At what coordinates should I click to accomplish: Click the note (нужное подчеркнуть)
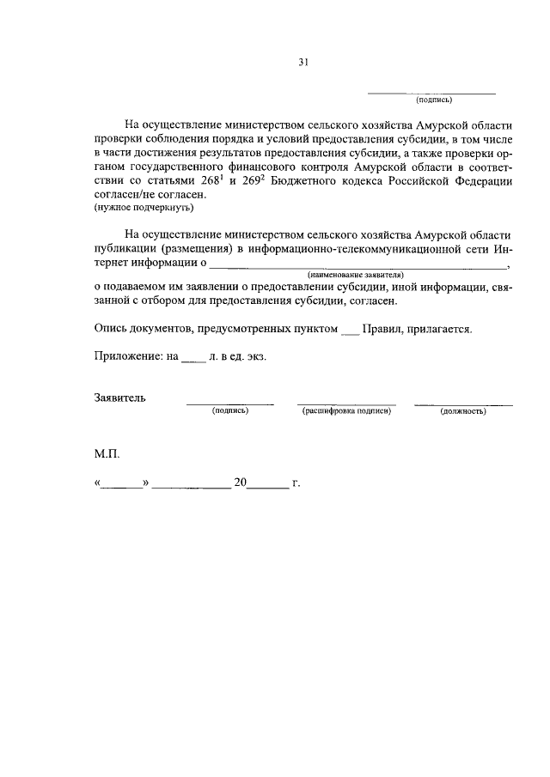click(144, 208)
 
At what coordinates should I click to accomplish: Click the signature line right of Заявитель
click(230, 402)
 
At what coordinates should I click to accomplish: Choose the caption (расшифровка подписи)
click(346, 411)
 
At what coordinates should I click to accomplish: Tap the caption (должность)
click(463, 411)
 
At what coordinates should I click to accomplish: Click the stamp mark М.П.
click(108, 451)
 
